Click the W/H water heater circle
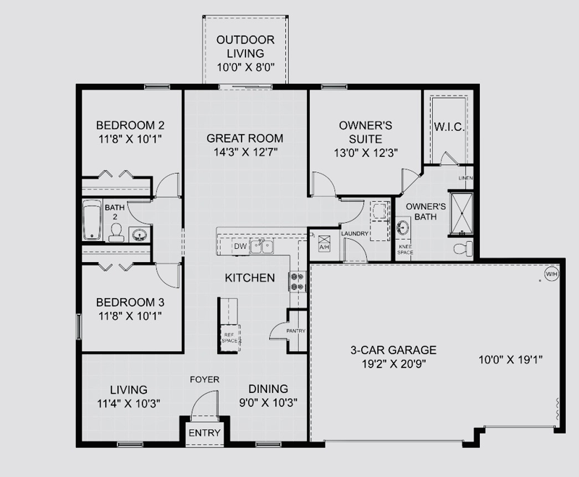pyautogui.click(x=551, y=274)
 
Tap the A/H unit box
pyautogui.click(x=324, y=242)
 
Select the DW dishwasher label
pyautogui.click(x=240, y=246)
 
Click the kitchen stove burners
pyautogui.click(x=297, y=282)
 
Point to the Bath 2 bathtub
pyautogui.click(x=92, y=221)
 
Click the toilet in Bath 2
pyautogui.click(x=117, y=232)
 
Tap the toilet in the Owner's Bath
pyautogui.click(x=463, y=248)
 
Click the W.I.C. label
pyautogui.click(x=449, y=127)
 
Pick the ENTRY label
pyautogui.click(x=204, y=433)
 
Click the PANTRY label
pyautogui.click(x=296, y=331)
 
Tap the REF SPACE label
pyautogui.click(x=229, y=337)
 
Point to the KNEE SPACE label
pyautogui.click(x=405, y=250)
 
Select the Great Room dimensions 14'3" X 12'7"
pyautogui.click(x=245, y=152)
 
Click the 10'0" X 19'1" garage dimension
pyautogui.click(x=510, y=359)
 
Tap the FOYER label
pyautogui.click(x=205, y=379)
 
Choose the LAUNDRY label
pyautogui.click(x=355, y=234)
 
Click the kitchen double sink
pyautogui.click(x=262, y=247)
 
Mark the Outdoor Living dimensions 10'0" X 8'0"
pyautogui.click(x=245, y=67)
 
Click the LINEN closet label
pyautogui.click(x=465, y=178)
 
